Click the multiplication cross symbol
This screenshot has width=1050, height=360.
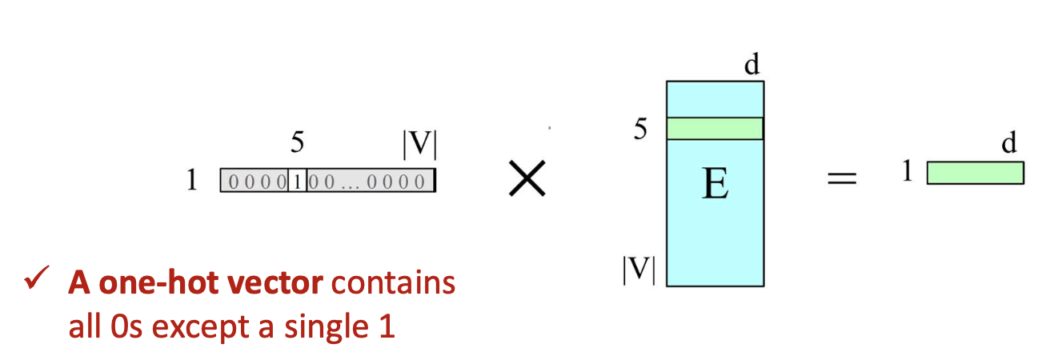527,178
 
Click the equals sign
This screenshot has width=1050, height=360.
842,178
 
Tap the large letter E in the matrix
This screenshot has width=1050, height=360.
715,183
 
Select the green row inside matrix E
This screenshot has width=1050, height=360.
715,129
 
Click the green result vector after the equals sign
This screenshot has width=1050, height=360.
976,173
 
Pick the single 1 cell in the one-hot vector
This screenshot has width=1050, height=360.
297,181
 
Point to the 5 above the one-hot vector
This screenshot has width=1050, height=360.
297,141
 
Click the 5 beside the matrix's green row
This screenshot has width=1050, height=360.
640,129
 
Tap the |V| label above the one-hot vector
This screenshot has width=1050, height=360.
419,144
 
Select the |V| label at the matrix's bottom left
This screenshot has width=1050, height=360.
639,270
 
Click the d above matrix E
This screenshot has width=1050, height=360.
751,64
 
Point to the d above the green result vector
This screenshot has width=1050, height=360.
1009,142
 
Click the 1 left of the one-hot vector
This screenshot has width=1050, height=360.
192,179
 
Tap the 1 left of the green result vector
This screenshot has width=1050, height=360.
908,170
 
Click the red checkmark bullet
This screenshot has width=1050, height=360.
37,278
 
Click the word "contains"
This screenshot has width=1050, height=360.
393,283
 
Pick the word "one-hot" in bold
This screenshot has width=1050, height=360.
158,282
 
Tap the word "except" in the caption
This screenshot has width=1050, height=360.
201,328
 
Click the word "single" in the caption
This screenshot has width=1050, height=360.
327,328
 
